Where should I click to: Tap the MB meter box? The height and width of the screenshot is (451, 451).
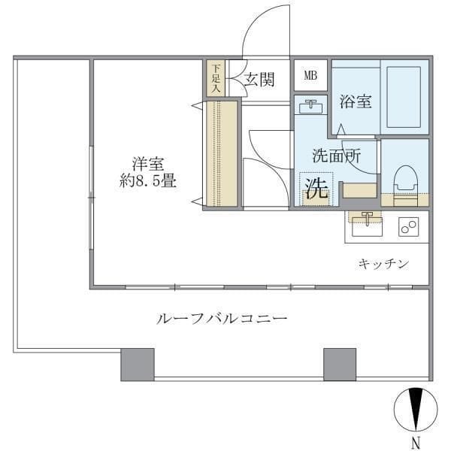click(x=310, y=75)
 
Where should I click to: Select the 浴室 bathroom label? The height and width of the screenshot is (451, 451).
click(x=356, y=101)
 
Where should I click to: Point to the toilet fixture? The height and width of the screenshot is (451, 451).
click(x=404, y=181)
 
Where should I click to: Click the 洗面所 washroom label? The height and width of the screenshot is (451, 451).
click(x=336, y=156)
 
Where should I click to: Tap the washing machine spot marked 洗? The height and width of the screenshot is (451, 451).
click(x=316, y=189)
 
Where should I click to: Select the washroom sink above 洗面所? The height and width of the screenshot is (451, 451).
click(x=308, y=106)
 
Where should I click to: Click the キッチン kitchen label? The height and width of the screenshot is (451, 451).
click(x=383, y=263)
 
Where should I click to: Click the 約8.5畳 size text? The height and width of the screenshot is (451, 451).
click(x=148, y=181)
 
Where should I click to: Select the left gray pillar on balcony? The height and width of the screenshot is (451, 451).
click(x=137, y=364)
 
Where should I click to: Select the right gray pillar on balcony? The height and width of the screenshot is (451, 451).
click(x=339, y=364)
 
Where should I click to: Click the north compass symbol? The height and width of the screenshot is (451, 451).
click(x=415, y=410)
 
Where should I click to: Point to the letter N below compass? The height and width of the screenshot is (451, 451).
click(x=415, y=442)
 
